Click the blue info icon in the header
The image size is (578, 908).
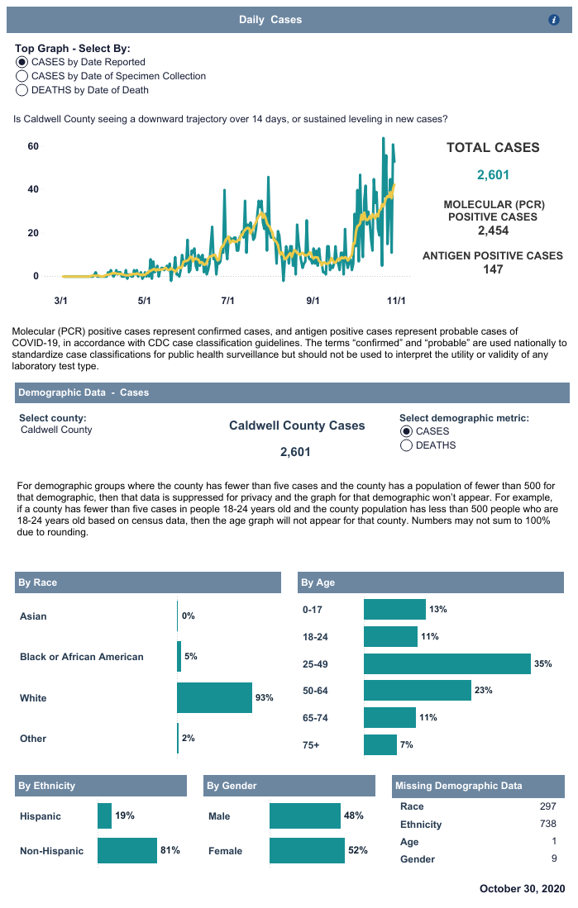554,19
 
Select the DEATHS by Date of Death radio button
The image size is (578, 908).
21,90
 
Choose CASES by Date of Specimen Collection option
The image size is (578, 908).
21,76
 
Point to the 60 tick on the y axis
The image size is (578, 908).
34,146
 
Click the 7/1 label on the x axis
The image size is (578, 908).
228,300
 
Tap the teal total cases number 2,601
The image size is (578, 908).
493,174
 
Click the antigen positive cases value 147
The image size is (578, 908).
493,269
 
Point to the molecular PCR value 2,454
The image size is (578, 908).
493,231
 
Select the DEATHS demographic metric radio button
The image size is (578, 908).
407,445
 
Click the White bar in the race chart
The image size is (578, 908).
214,698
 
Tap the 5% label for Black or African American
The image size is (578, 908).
191,656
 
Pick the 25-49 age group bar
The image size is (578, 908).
447,663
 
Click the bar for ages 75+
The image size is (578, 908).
380,744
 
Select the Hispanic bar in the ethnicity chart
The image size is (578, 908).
104,815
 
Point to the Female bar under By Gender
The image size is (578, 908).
307,850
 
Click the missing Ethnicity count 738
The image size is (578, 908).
547,824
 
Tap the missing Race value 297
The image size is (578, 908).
547,806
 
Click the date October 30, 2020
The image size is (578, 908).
522,888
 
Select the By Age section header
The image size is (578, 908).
318,582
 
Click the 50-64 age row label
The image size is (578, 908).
317,690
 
